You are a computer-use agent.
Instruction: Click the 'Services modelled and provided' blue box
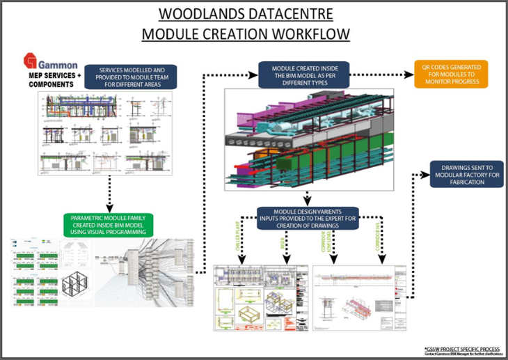click(131, 75)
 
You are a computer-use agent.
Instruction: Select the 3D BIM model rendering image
click(308, 139)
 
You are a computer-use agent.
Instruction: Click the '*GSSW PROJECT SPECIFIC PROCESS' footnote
click(462, 347)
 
